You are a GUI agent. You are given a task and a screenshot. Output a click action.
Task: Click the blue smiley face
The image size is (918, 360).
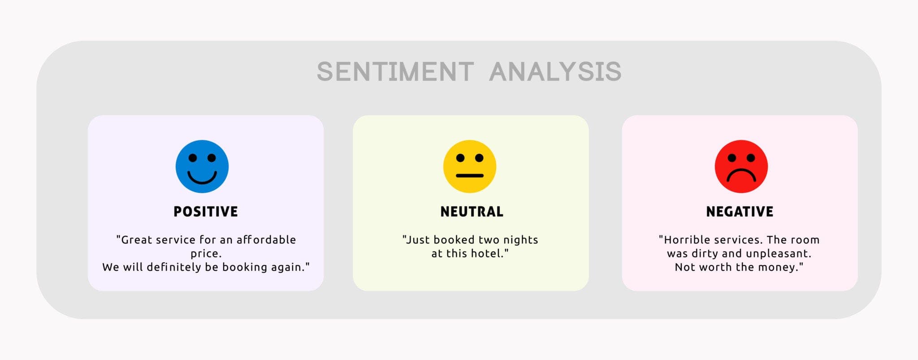[202, 166]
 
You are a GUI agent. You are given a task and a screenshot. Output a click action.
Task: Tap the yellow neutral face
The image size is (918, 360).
[470, 166]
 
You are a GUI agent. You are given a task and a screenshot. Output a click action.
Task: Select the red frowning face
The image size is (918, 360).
[741, 166]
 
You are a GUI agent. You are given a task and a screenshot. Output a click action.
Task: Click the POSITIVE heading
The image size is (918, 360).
[206, 212]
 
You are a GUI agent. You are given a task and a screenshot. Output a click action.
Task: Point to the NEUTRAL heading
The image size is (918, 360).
[472, 212]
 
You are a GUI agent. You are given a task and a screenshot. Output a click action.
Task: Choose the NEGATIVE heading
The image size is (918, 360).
[740, 212]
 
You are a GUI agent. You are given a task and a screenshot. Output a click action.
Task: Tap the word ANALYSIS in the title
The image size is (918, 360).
[555, 72]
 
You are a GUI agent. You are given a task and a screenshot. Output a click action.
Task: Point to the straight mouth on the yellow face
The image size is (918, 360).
[470, 176]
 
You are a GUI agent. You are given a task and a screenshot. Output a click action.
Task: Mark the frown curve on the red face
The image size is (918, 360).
[741, 174]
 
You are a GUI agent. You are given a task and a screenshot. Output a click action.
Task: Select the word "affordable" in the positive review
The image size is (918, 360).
[266, 240]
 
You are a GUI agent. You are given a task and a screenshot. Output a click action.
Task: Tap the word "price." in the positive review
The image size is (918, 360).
[206, 254]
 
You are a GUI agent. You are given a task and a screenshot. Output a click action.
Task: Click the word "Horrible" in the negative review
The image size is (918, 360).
[687, 240]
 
